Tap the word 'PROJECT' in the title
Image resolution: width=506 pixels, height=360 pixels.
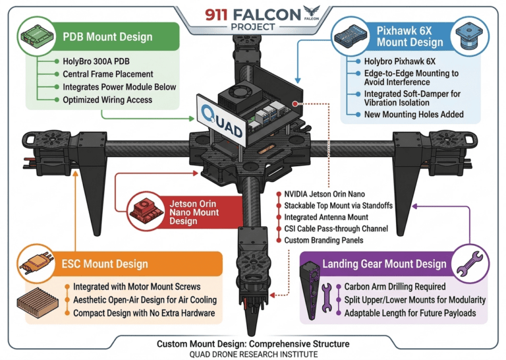(253, 26)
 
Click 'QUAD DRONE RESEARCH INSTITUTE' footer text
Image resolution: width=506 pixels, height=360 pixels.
(252, 354)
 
